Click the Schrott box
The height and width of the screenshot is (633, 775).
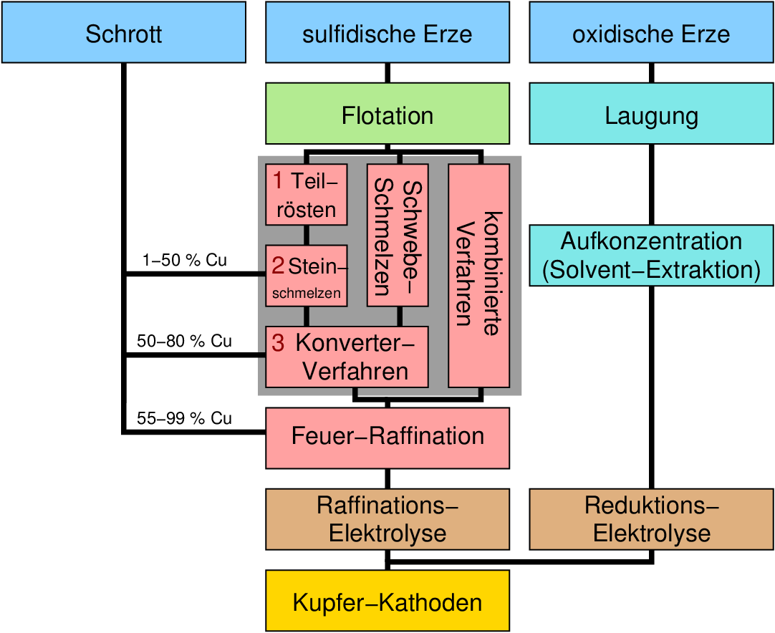pyautogui.click(x=123, y=32)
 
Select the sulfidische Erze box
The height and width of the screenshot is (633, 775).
pyautogui.click(x=387, y=32)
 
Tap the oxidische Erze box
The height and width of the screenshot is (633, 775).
pyautogui.click(x=651, y=32)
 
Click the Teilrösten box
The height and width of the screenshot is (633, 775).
pyautogui.click(x=307, y=195)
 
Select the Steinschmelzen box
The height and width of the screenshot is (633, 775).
pyautogui.click(x=307, y=276)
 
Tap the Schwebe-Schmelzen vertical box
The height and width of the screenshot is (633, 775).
pyautogui.click(x=398, y=236)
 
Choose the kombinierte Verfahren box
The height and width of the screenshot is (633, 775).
pyautogui.click(x=479, y=276)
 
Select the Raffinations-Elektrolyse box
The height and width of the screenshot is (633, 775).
pyautogui.click(x=387, y=519)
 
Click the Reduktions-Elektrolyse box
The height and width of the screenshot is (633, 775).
pyautogui.click(x=651, y=519)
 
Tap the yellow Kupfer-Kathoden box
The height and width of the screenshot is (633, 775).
pyautogui.click(x=387, y=601)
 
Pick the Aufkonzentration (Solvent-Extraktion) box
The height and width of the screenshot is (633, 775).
pyautogui.click(x=651, y=256)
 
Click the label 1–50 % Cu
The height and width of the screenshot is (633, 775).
pyautogui.click(x=185, y=261)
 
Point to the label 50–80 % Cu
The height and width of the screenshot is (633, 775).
pyautogui.click(x=185, y=342)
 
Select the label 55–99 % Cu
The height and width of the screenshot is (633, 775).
pyautogui.click(x=185, y=419)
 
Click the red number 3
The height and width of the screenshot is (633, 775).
pyautogui.click(x=278, y=344)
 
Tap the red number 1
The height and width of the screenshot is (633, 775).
pyautogui.click(x=278, y=181)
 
